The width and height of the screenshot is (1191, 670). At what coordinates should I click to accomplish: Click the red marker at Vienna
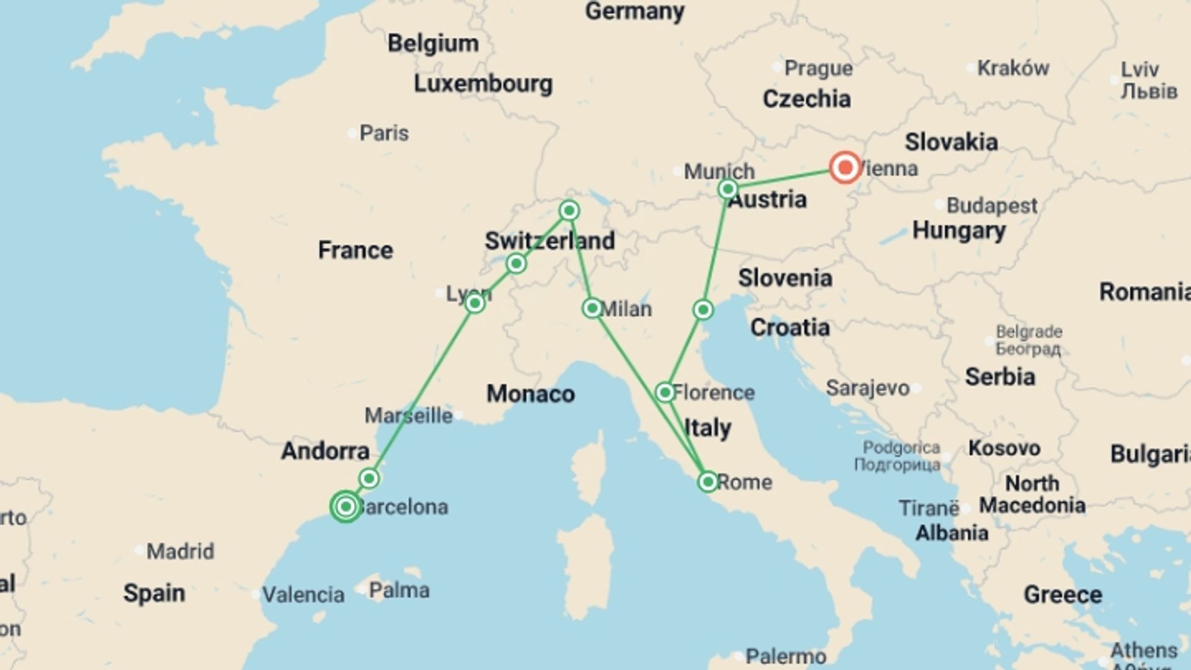coord(845,167)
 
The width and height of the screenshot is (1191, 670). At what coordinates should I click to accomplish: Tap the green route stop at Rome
coord(708,482)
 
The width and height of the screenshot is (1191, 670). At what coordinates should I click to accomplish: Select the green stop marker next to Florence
coord(665,392)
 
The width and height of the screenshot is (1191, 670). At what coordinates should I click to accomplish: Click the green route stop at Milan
coord(592,308)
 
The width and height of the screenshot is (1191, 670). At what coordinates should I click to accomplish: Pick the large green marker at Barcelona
coord(346,507)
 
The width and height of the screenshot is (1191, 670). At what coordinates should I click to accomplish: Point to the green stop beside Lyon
coord(475,303)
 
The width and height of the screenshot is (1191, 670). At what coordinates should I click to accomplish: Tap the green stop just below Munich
coord(728,189)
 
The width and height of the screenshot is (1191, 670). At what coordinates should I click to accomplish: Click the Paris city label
coord(384,133)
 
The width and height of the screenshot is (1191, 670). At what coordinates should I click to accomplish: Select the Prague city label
coord(818,68)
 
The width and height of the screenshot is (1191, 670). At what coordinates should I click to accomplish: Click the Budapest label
coord(991,206)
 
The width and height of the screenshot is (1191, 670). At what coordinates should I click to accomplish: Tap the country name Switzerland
coord(550,241)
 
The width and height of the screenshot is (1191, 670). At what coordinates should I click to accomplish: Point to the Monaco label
coord(530,394)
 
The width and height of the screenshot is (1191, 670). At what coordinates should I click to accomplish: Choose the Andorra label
coord(325,451)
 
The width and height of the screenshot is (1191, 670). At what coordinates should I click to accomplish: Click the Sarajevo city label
coord(867,388)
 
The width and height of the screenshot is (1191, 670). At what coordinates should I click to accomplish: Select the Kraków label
coord(1013,68)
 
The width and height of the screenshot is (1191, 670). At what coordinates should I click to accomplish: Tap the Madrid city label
coord(180,551)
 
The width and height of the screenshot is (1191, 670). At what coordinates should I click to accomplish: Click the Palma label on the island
coord(399,590)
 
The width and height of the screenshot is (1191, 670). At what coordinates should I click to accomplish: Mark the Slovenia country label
coord(785,279)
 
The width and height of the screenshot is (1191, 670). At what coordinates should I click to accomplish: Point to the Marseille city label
coord(408,416)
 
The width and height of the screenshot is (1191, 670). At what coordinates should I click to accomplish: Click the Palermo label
coord(785,656)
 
